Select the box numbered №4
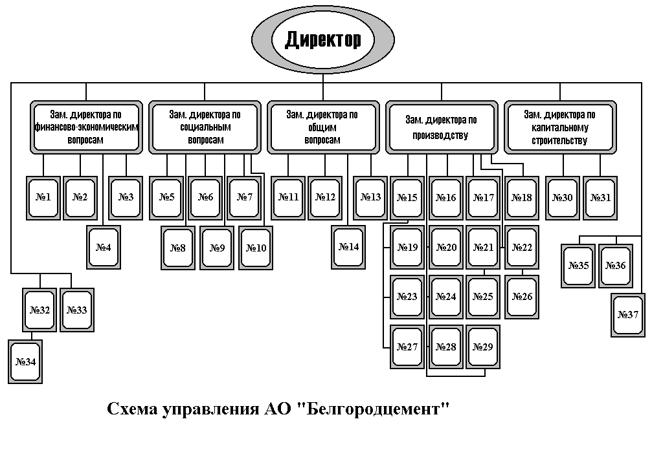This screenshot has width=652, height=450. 103,246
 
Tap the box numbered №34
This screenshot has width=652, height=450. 25,361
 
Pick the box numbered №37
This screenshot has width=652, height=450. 628,315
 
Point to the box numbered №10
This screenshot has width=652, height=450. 255,248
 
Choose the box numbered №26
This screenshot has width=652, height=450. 522,297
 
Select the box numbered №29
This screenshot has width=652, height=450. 483,347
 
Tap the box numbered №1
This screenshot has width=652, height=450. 43,197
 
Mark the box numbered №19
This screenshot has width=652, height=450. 408,247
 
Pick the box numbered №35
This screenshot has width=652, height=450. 578,264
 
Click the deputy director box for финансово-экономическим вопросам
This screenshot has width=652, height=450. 86,127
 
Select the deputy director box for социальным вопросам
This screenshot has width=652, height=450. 205,127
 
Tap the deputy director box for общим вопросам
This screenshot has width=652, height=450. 322,127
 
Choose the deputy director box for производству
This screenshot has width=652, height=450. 441,127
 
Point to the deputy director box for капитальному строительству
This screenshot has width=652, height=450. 559,127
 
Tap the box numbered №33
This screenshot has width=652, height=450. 76,310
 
